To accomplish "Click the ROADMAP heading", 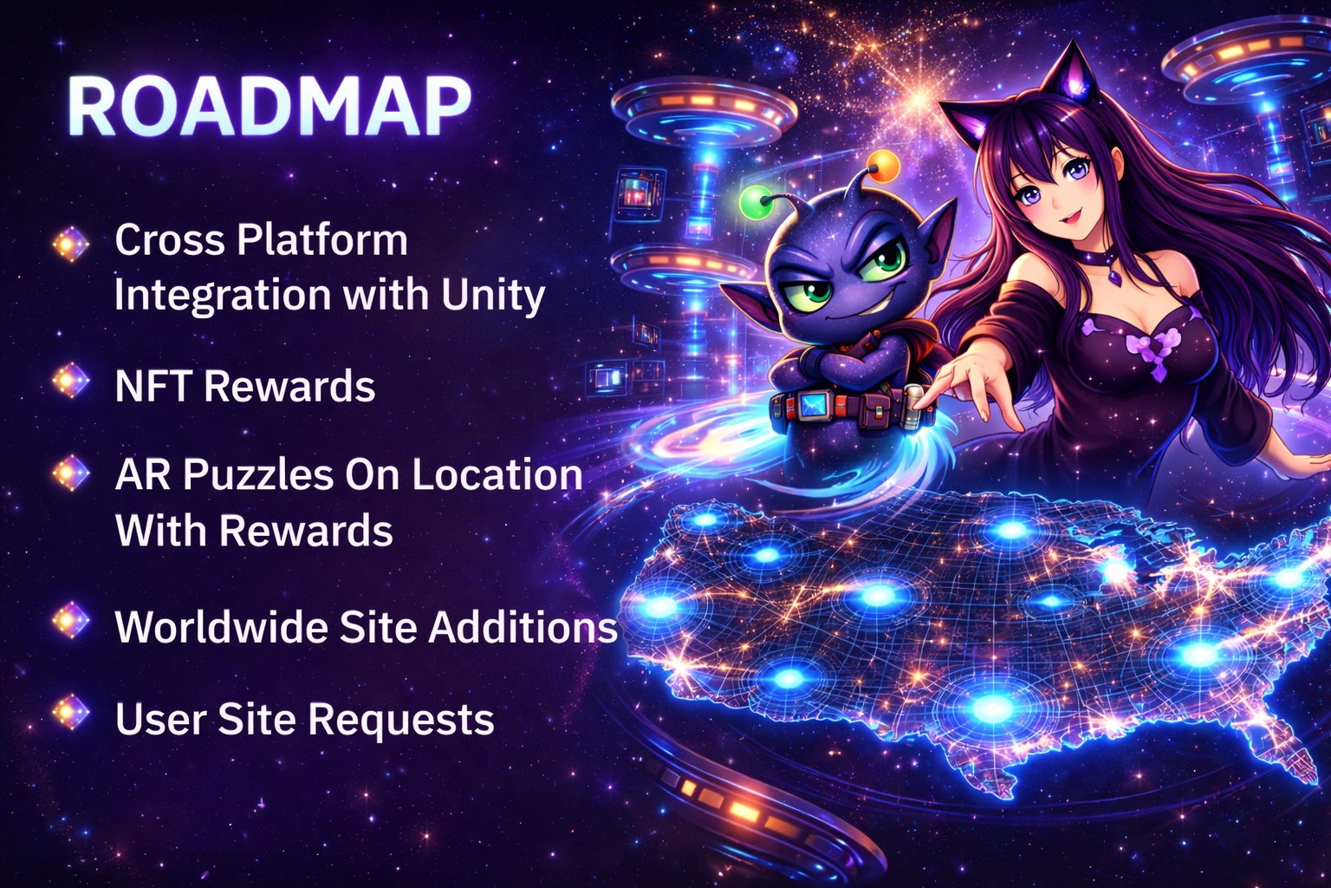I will pyautogui.click(x=269, y=108).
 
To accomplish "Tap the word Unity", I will pyautogui.click(x=493, y=296).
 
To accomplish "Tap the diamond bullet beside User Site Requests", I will pyautogui.click(x=71, y=712).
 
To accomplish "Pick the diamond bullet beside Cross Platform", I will pyautogui.click(x=71, y=244).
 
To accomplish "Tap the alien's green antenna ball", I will pyautogui.click(x=756, y=203).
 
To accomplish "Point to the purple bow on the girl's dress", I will pyautogui.click(x=1152, y=350).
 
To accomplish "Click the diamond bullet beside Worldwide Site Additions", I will pyautogui.click(x=71, y=621).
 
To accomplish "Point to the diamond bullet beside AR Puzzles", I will pyautogui.click(x=71, y=473).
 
